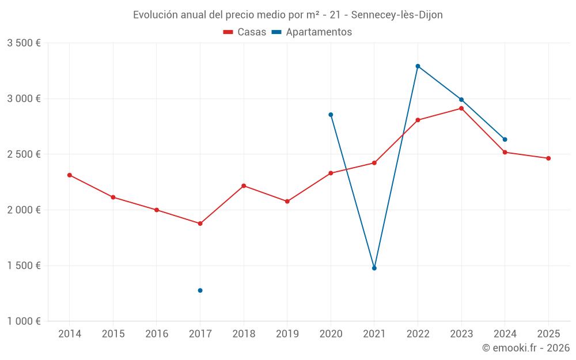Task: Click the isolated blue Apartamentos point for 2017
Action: (200, 290)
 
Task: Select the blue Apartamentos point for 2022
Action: (418, 66)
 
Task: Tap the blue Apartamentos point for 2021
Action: (374, 268)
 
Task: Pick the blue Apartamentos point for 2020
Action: (331, 115)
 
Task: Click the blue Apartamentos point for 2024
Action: (505, 139)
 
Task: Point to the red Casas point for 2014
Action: (70, 175)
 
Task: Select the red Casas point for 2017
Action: (200, 223)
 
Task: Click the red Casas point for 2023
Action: (461, 108)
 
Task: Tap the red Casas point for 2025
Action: (548, 158)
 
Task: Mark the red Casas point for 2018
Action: (244, 185)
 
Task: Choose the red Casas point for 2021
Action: (374, 163)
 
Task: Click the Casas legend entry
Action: (245, 32)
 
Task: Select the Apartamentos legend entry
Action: (312, 32)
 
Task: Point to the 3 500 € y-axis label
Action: (24, 43)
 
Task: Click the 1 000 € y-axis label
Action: (24, 321)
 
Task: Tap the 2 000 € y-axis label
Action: (24, 210)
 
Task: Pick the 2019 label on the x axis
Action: (287, 334)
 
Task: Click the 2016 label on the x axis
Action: (157, 334)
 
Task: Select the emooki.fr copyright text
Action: (525, 348)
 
